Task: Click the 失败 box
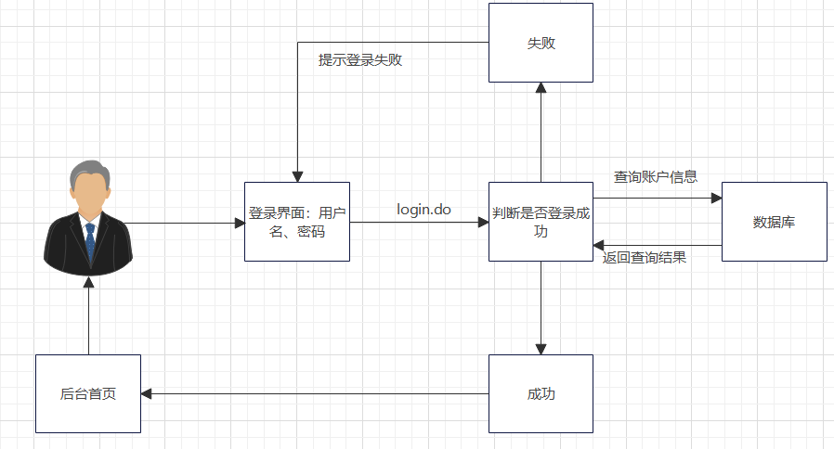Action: tap(541, 43)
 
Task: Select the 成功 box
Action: tap(541, 393)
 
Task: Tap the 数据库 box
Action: tap(774, 222)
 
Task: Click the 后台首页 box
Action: tap(88, 393)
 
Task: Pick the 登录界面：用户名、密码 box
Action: tap(297, 222)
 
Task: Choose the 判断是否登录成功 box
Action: tap(541, 222)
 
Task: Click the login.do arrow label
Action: tap(424, 210)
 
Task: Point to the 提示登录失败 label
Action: tap(360, 60)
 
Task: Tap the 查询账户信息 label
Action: tap(655, 176)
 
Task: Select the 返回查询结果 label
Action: tap(645, 258)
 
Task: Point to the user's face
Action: tap(89, 192)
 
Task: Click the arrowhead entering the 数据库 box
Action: tap(715, 199)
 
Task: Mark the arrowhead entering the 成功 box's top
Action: tap(541, 349)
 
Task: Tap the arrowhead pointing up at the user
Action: tap(89, 282)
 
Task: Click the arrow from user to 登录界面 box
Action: tap(186, 223)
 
